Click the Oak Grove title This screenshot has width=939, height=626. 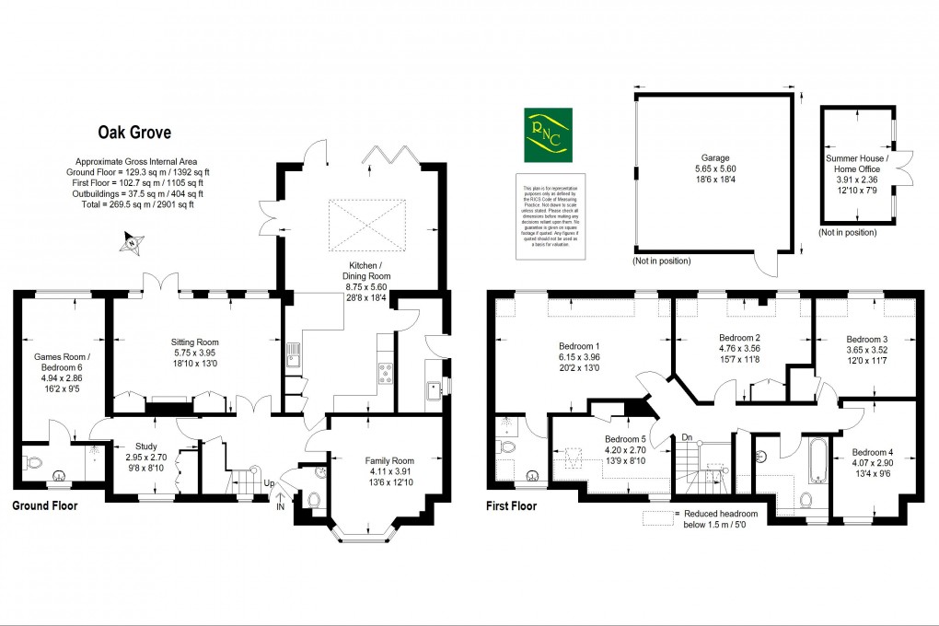[134, 133]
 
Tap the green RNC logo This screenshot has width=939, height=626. [547, 134]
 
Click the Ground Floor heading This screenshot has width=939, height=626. [44, 505]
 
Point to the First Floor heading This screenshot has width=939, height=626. [517, 505]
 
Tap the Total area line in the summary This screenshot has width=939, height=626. [134, 204]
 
